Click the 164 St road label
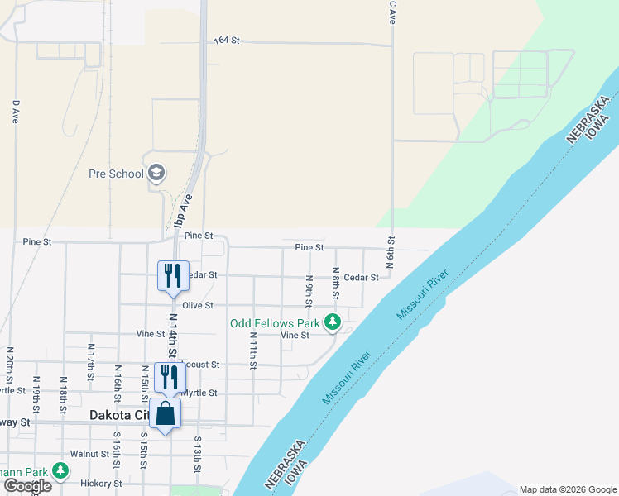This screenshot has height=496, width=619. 225,40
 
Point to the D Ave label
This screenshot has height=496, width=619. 15,112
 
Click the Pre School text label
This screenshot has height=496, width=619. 116,174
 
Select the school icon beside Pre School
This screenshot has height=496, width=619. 156,173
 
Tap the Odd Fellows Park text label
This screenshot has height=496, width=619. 275,322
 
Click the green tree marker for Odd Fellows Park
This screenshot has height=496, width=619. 332,322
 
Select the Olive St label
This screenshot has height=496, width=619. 198,306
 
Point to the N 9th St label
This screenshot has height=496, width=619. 308,287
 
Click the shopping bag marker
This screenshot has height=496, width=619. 166,415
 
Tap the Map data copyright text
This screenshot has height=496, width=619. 568,489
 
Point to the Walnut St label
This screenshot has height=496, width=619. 90,454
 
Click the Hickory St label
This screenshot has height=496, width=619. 101,484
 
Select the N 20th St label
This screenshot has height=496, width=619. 11,362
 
